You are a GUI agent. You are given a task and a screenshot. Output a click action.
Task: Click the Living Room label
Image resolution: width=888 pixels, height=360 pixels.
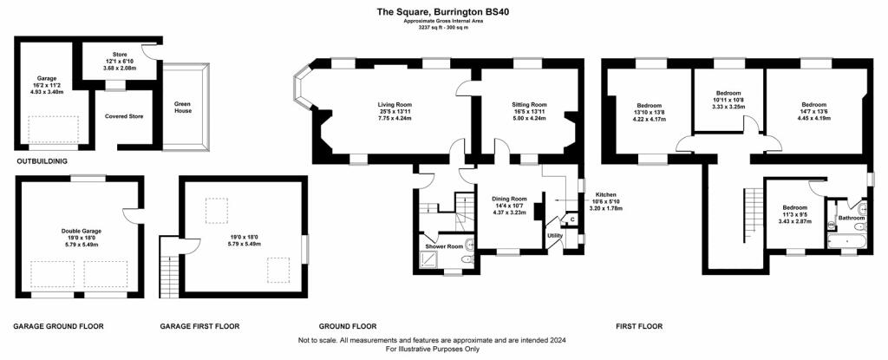pos(395,105)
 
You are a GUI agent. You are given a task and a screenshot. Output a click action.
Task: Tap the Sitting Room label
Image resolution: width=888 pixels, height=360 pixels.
pos(529,105)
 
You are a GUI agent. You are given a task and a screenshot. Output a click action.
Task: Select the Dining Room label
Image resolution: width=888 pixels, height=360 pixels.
pos(509,199)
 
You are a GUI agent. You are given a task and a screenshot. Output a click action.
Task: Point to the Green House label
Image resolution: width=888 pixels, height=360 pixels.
pos(183,108)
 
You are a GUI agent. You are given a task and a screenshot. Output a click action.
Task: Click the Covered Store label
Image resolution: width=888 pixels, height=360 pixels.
pos(124,116)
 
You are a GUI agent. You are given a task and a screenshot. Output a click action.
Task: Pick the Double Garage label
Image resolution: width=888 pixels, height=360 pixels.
pos(79,232)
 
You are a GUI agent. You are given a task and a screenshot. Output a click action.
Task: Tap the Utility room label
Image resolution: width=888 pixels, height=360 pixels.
pos(554,235)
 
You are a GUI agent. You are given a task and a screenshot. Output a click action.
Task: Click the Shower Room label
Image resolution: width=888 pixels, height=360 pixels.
pos(444,246)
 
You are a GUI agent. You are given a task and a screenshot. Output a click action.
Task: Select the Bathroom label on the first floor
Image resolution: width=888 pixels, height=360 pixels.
pos(852,219)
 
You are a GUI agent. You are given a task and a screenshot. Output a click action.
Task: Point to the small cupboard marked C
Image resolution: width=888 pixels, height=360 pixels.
pos(572,219)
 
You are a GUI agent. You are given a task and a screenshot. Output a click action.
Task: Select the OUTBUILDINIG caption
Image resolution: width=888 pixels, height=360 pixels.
pos(42,161)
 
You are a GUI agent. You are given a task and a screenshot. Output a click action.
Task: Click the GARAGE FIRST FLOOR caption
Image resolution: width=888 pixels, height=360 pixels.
pos(199,326)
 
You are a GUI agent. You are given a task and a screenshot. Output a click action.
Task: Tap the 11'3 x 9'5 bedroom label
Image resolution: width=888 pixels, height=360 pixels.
pos(795,214)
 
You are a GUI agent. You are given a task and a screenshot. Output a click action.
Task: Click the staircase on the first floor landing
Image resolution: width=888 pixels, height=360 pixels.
pos(752,214)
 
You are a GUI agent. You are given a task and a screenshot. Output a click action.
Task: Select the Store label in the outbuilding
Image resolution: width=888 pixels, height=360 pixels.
pos(120,55)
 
